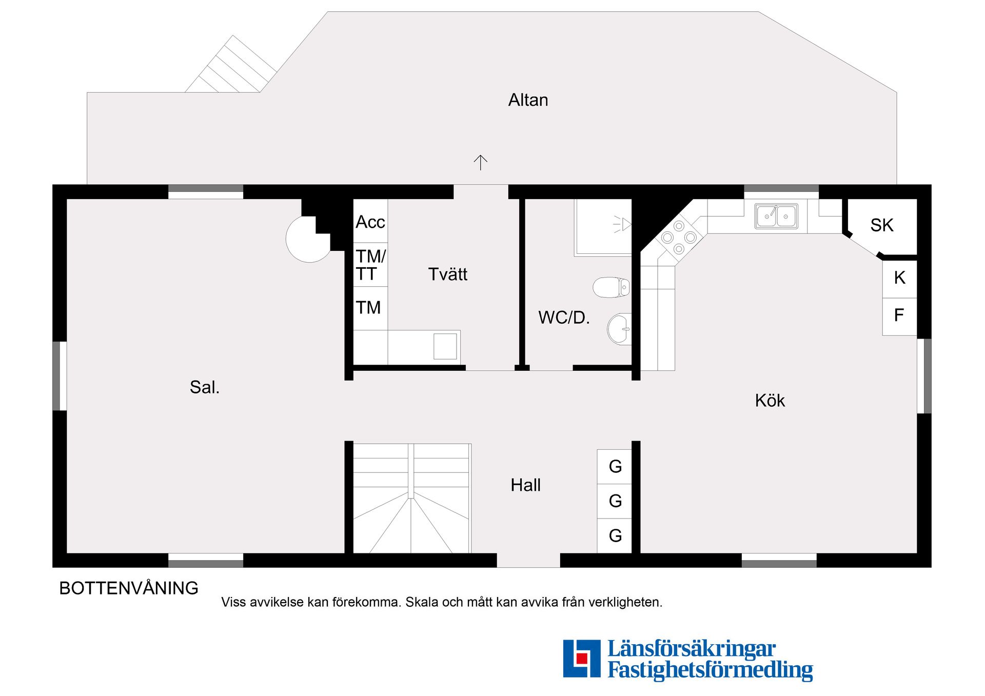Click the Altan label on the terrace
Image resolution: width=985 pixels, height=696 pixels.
point(528,100)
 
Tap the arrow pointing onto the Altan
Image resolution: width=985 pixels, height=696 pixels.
point(480,163)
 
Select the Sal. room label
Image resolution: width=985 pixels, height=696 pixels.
point(205,387)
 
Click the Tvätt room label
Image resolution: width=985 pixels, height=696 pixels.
point(448,274)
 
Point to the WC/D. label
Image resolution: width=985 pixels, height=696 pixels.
point(564,318)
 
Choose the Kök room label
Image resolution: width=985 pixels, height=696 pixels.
point(770,401)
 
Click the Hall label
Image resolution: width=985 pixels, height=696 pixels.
point(525,485)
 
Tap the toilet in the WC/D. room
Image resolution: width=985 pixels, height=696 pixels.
point(611,287)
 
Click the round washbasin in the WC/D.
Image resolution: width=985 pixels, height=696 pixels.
point(619,329)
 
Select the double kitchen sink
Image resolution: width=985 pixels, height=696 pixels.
point(776,216)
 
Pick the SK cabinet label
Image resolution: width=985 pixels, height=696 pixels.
point(882,225)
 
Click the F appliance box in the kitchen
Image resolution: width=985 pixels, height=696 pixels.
point(899,316)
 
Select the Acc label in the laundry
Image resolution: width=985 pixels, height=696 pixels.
point(370,222)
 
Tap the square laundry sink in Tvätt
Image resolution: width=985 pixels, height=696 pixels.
point(445,346)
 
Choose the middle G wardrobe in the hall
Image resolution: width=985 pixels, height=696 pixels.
point(615,501)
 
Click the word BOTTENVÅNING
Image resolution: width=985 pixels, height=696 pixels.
point(129,588)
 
